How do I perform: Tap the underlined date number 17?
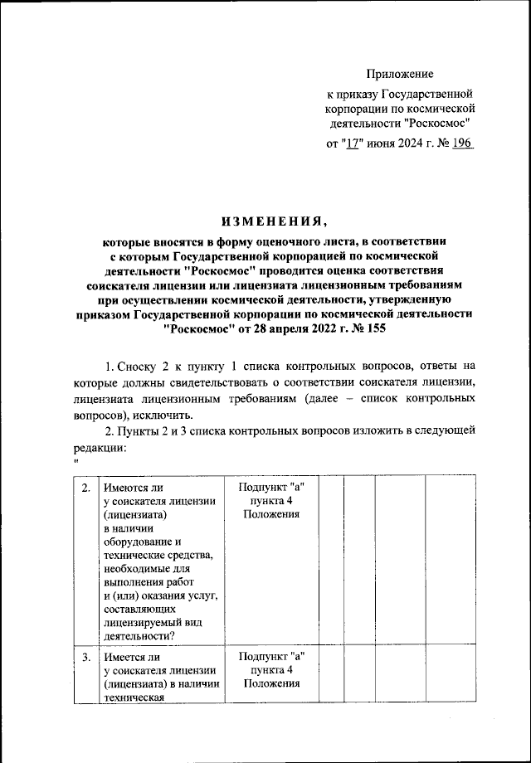tap(354, 143)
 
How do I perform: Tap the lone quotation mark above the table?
tap(76, 461)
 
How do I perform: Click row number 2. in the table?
tap(85, 488)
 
